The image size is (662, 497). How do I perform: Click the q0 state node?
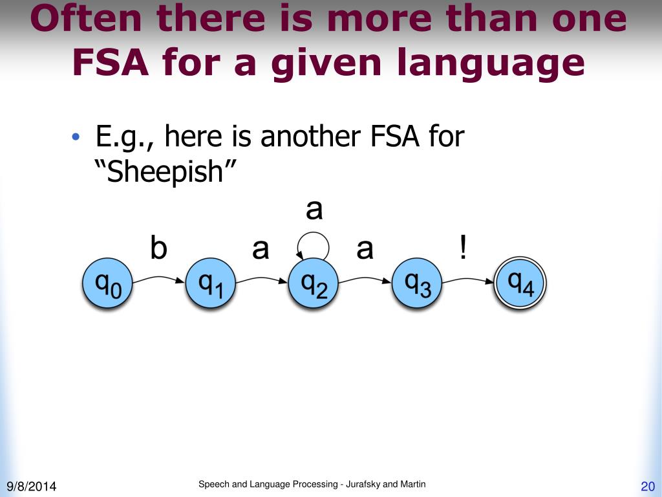pos(107,284)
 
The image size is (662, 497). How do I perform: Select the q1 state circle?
pos(210,284)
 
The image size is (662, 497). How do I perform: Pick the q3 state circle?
pos(417,284)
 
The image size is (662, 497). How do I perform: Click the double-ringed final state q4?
pos(520,284)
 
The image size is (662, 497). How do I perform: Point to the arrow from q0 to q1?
pos(158,279)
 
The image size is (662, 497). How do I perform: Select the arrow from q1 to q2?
pos(262,279)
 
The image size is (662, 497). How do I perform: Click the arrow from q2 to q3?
pos(365,279)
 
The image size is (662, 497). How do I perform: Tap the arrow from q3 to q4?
pos(469,279)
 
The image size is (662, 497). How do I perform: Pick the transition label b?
pos(158,248)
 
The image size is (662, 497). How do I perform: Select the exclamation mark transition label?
pos(463,248)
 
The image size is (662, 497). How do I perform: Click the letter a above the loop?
pos(314,210)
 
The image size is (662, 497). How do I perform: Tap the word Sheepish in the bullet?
pos(171,172)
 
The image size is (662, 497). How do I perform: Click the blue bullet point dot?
pos(76,138)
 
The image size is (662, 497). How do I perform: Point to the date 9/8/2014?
pos(32,486)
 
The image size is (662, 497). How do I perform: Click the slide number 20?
pos(648,487)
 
